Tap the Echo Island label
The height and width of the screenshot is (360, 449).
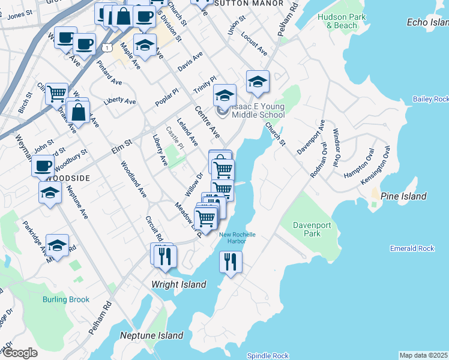pyautogui.click(x=427, y=22)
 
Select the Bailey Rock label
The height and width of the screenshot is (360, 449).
pyautogui.click(x=431, y=99)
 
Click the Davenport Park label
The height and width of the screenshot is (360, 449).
pyautogui.click(x=307, y=229)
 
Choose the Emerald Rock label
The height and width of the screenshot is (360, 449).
pyautogui.click(x=412, y=248)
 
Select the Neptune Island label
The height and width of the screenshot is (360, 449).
pyautogui.click(x=151, y=335)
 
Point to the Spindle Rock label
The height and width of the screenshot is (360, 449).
pyautogui.click(x=268, y=356)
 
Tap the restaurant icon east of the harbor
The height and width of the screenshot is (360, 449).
pyautogui.click(x=231, y=262)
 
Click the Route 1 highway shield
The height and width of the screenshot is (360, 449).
pyautogui.click(x=106, y=47)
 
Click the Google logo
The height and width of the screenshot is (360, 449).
pyautogui.click(x=20, y=353)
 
